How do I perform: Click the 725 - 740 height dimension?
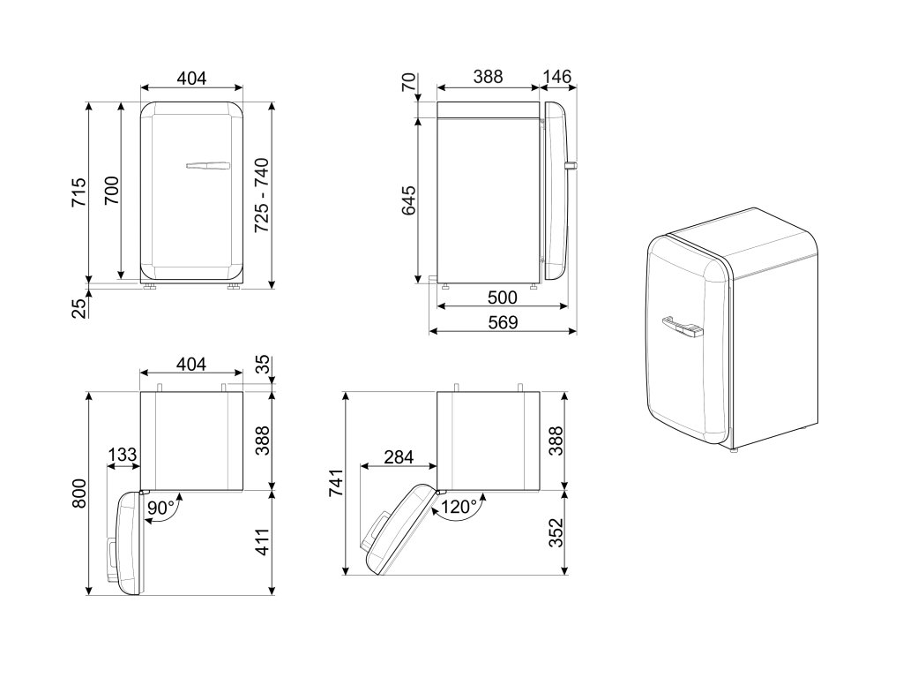click(262, 195)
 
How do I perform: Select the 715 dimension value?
click(78, 192)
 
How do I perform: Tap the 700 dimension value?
click(111, 191)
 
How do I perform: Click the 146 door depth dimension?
click(557, 77)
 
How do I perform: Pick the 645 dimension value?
click(408, 200)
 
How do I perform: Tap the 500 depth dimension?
click(502, 298)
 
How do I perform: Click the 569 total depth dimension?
click(503, 322)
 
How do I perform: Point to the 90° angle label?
click(160, 508)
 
